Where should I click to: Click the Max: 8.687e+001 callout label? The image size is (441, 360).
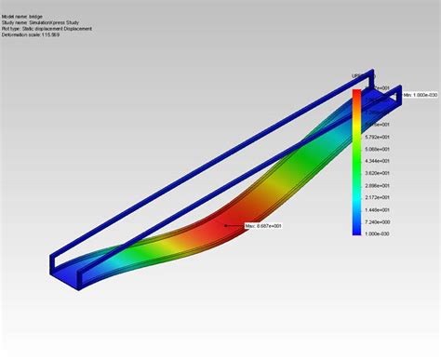263,225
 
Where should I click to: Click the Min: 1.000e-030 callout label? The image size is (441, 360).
421,94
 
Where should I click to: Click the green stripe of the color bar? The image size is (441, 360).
358,172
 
